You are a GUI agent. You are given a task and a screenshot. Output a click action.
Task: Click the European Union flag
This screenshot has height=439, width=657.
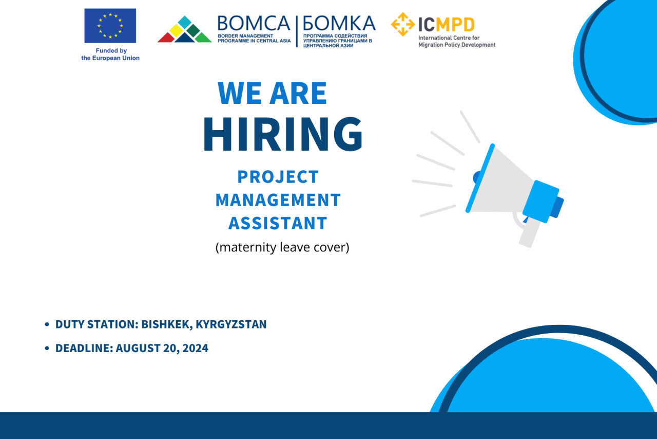click(110, 26)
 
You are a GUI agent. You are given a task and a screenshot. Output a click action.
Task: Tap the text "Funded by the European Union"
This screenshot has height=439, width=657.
click(110, 54)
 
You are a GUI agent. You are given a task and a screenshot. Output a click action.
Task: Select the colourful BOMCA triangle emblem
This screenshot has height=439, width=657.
click(184, 29)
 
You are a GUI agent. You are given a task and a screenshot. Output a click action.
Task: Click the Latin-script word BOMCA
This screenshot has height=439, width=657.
click(254, 23)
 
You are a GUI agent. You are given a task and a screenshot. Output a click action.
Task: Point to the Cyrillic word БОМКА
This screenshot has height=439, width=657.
click(339, 23)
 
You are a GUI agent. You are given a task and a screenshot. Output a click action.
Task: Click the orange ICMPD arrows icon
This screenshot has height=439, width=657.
click(403, 24)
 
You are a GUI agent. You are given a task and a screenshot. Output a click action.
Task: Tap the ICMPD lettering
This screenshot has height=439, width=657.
click(447, 24)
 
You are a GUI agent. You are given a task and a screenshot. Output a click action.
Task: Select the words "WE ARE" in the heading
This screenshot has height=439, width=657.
click(272, 93)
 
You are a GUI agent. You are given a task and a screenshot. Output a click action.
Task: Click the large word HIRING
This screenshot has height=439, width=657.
click(283, 134)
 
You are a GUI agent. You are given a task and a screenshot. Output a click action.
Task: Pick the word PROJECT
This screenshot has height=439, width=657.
click(278, 177)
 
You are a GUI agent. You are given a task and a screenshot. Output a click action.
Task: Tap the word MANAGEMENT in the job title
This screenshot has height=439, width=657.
click(278, 200)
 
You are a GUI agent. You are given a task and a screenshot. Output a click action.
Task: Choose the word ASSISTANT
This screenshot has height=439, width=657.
click(278, 223)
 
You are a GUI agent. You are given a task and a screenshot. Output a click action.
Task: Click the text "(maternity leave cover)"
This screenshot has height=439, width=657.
click(282, 247)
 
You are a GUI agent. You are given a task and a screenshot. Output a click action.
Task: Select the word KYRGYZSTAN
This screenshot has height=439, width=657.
click(231, 324)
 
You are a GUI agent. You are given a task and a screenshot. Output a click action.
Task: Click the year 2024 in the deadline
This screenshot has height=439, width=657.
click(196, 348)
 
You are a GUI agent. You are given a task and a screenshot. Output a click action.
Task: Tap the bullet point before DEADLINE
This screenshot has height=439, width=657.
click(47, 348)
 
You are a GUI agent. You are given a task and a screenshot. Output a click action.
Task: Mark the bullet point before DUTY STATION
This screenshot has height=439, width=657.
click(47, 324)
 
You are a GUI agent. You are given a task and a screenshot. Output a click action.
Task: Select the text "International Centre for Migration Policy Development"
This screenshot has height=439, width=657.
click(457, 42)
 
